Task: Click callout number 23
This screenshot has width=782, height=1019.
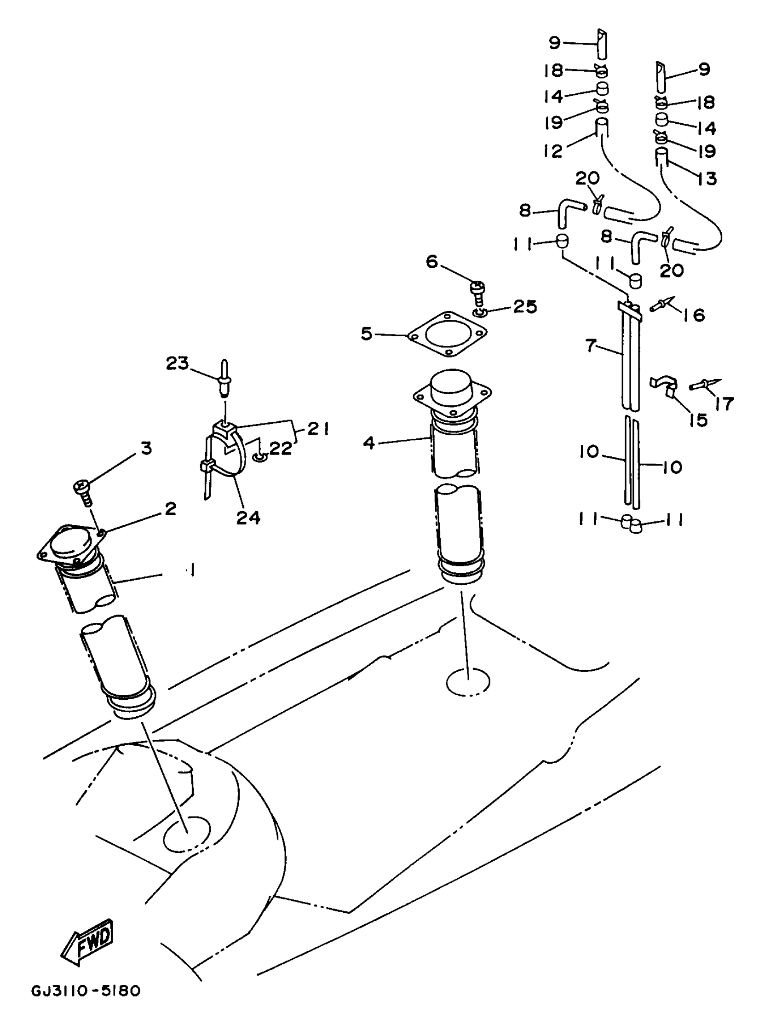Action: point(177,363)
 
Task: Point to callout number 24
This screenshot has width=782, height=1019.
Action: point(248,517)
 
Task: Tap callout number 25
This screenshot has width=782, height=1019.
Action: point(524,306)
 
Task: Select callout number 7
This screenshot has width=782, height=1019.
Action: point(590,345)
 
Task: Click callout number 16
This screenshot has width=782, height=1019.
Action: point(695,315)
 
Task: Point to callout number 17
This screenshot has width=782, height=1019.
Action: point(724,403)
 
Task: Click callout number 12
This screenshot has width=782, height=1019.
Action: point(553,150)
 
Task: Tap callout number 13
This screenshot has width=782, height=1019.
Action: point(707,178)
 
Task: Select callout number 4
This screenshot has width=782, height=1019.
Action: point(368,442)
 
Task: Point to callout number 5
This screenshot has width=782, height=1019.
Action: point(367,334)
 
